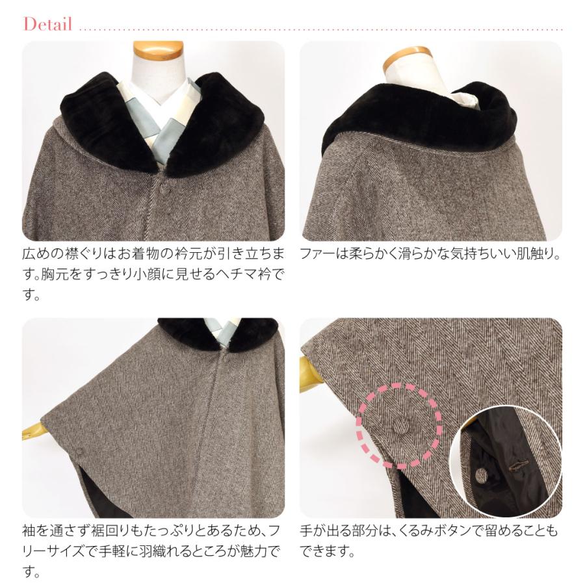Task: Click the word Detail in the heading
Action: point(47,25)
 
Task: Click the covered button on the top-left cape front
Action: point(163,191)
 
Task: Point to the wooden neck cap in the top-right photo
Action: point(406,58)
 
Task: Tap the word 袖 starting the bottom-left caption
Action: point(30,531)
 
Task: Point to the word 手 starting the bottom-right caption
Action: point(307,531)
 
